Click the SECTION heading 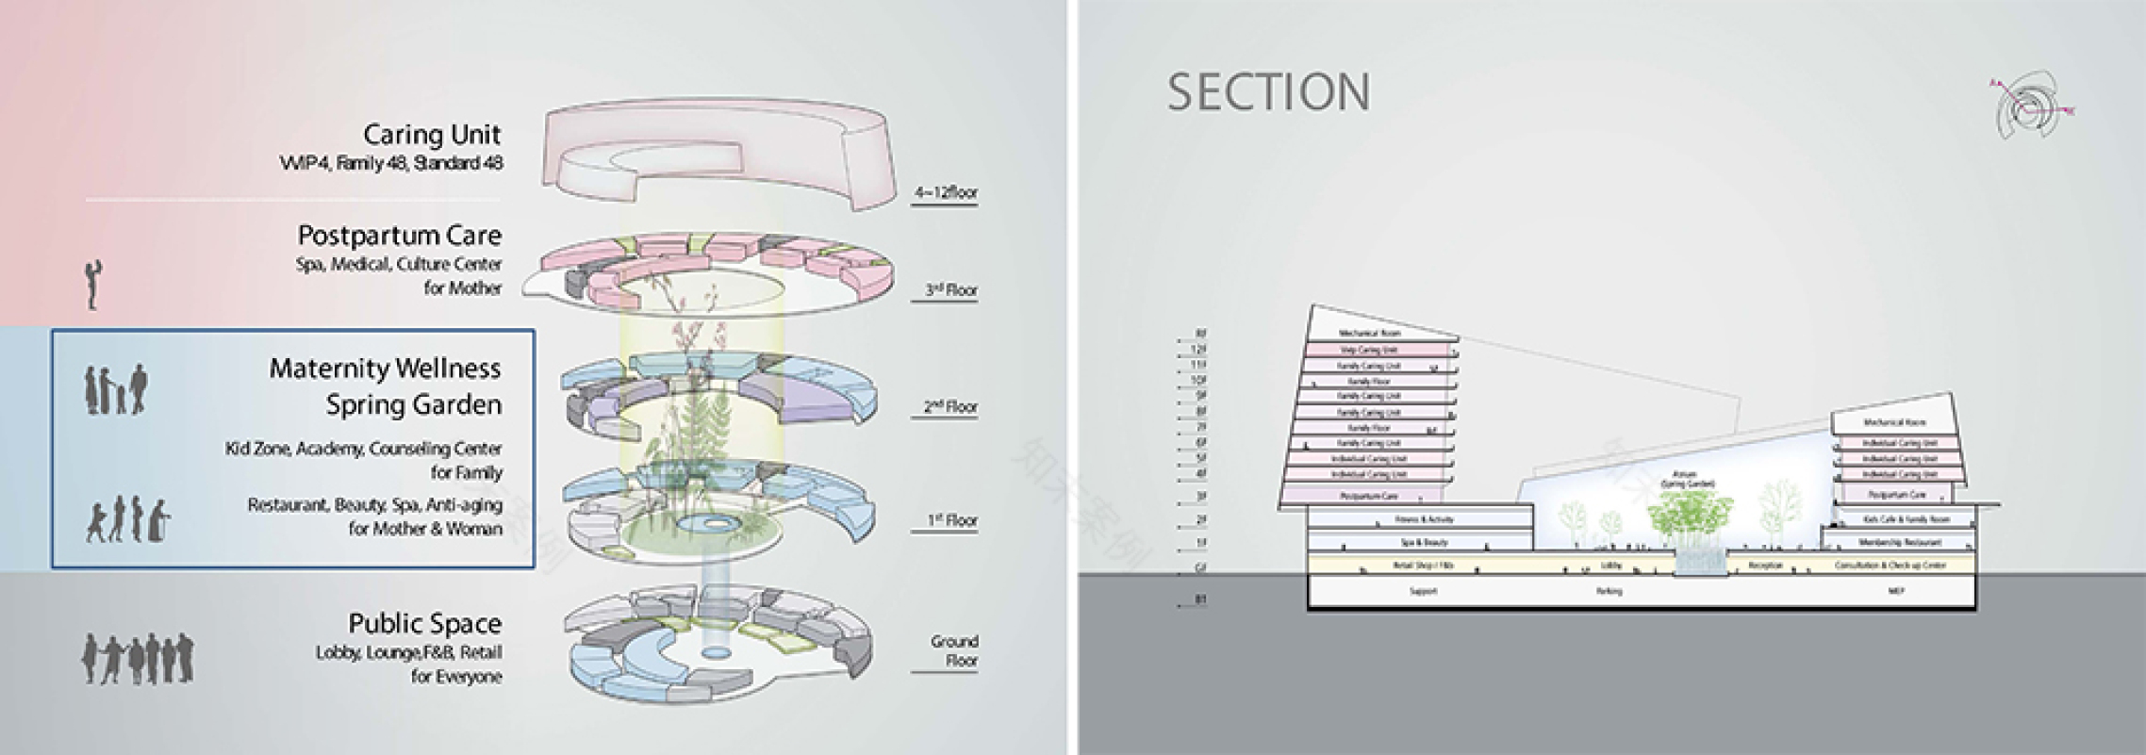[1268, 92]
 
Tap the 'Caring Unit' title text [432, 135]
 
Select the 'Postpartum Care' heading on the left [400, 235]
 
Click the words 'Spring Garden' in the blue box [414, 405]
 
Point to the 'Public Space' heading [425, 623]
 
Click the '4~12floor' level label [946, 193]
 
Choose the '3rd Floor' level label [949, 290]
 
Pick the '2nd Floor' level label [949, 407]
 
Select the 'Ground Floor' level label [954, 650]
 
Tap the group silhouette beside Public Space [138, 658]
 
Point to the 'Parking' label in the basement [1609, 592]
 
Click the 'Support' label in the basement [1423, 592]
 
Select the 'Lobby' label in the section [1610, 566]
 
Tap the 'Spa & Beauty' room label [1423, 543]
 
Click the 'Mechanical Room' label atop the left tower [1370, 334]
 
